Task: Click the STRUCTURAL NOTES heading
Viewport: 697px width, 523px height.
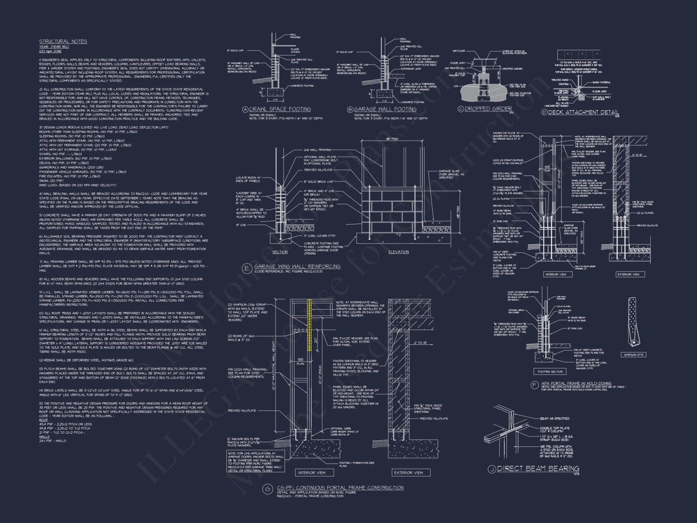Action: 63,41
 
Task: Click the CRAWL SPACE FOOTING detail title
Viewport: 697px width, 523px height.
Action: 280,109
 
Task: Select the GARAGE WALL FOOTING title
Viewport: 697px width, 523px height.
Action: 385,109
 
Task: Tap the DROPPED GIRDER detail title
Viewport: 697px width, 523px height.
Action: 488,109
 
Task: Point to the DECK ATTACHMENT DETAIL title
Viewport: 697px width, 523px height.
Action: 583,112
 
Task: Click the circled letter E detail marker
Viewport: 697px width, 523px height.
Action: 247,268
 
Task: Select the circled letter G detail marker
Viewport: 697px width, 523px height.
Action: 267,489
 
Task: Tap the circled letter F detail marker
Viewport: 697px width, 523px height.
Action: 534,385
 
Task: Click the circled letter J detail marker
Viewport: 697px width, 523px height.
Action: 492,469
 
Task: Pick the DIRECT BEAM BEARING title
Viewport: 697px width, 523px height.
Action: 538,469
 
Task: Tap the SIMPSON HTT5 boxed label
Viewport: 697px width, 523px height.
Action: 634,355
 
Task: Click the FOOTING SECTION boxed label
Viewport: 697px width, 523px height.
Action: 550,372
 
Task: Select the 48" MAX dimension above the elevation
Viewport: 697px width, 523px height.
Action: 392,139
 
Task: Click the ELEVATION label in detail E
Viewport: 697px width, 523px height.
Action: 399,252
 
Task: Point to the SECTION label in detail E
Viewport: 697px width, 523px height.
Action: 280,252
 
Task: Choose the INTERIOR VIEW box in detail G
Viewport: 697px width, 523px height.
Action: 312,473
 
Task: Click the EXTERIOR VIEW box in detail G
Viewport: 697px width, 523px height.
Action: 408,473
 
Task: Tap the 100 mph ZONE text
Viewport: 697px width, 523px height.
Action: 50,51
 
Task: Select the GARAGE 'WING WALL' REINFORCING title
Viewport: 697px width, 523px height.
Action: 297,266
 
